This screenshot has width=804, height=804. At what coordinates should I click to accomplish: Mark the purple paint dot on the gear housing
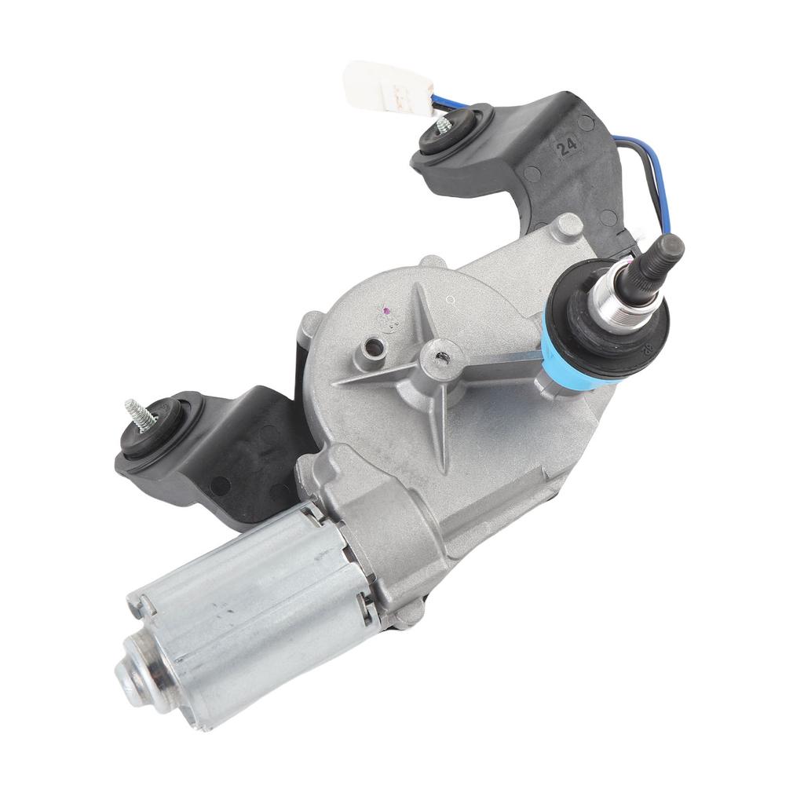[386, 310]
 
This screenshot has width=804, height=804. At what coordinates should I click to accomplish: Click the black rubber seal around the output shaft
[620, 330]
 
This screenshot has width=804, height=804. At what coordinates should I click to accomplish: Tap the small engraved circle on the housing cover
[449, 299]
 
